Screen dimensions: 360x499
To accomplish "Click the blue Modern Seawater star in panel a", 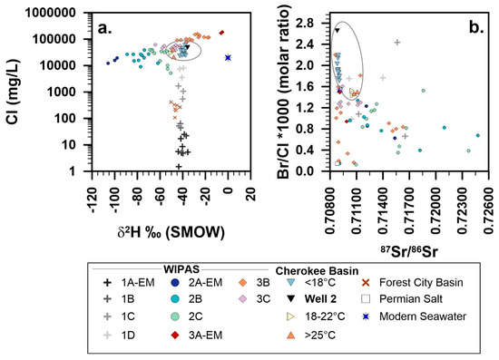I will pos(228,57).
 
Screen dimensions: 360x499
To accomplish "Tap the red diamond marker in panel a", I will pos(220,33).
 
